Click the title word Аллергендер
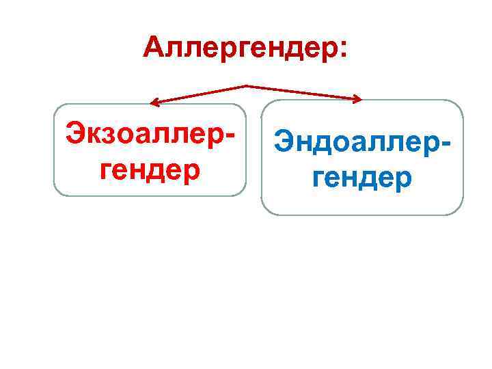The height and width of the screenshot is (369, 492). click(239, 48)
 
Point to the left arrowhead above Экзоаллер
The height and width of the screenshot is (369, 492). click(154, 104)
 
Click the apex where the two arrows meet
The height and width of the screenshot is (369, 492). click(245, 86)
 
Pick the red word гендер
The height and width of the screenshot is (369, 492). click(150, 167)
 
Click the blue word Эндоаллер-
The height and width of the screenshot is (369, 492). click(362, 143)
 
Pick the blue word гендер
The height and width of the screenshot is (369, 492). click(363, 178)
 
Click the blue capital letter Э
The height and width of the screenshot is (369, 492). click(284, 143)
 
